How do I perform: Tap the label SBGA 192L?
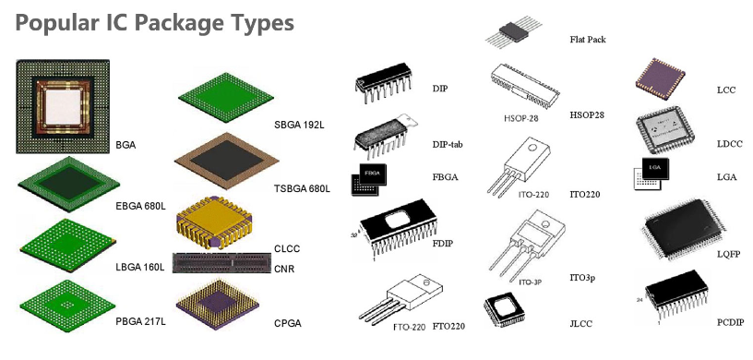[x=299, y=126]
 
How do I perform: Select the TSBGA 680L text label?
[x=302, y=188]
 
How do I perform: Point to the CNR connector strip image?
[x=221, y=263]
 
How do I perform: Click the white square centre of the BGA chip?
[x=63, y=107]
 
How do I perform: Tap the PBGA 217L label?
[x=140, y=322]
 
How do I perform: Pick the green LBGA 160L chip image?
[x=67, y=246]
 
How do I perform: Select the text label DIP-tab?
[x=448, y=144]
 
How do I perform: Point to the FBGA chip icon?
[x=369, y=179]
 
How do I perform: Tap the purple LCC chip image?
[x=660, y=78]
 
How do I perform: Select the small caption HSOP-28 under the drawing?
[x=521, y=118]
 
